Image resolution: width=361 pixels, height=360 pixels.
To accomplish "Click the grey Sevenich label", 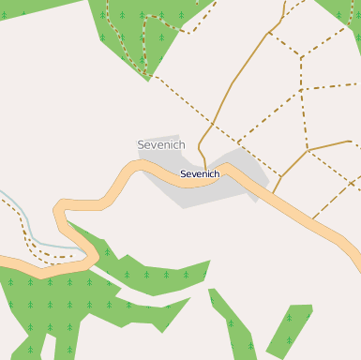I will [161, 145].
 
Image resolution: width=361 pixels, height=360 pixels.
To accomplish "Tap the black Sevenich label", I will [199, 173].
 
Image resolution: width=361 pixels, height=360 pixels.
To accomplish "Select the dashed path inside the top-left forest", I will [145, 42].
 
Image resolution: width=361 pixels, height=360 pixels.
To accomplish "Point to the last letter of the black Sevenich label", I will [216, 173].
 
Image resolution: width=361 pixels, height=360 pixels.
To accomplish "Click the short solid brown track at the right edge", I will [330, 144].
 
